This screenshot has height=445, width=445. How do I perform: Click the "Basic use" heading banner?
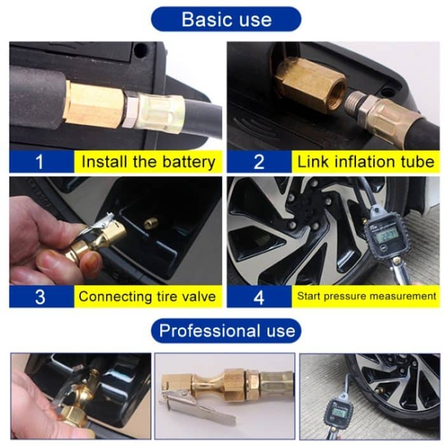tap(226, 18)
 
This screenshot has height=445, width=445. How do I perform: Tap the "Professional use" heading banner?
tap(226, 331)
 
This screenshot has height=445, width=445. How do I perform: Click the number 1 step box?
tap(39, 161)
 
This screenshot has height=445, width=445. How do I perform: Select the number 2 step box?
tap(258, 161)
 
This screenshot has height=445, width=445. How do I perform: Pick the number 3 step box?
tap(39, 296)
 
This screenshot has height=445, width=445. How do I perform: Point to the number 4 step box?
tap(258, 296)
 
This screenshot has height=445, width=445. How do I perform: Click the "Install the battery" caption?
tap(148, 161)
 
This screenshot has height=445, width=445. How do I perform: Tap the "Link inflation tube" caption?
tap(366, 161)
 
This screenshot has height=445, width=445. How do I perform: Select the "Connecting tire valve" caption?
tap(147, 296)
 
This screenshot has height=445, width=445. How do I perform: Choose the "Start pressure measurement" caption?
tap(366, 296)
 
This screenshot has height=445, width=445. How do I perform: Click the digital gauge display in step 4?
tap(386, 233)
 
